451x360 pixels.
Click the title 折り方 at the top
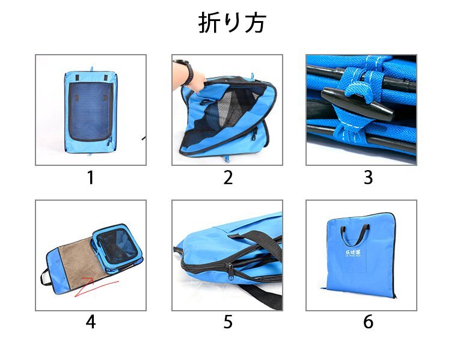coord(232,23)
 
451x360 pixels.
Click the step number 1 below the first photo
coord(90,178)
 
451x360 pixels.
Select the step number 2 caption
coord(228,178)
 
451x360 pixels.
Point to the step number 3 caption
coord(368,178)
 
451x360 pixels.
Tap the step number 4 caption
coord(90,322)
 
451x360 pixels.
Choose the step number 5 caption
coord(228,322)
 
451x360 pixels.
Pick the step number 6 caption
coord(368,322)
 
